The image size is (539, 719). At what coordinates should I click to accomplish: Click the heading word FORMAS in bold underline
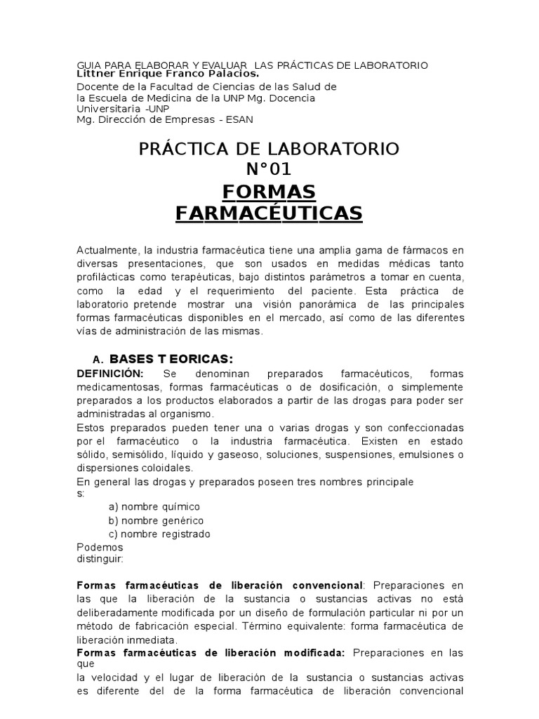click(x=269, y=191)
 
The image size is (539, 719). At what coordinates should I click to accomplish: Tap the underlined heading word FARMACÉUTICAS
click(x=269, y=213)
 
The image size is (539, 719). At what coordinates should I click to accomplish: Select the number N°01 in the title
click(x=269, y=169)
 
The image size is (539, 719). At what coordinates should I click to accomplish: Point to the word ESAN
click(x=239, y=119)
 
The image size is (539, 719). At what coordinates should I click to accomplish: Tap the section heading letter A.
click(x=97, y=360)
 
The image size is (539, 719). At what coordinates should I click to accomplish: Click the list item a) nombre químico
click(x=154, y=506)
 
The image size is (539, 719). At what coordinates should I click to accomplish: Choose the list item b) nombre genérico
click(x=155, y=520)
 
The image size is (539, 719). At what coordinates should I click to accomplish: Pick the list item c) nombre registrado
click(x=159, y=534)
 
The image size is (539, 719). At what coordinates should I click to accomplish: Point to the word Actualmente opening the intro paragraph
click(x=107, y=251)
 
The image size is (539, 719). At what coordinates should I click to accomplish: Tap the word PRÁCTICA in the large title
click(x=187, y=149)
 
